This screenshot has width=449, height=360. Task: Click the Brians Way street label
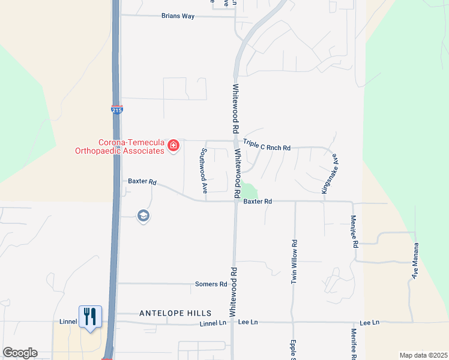click(x=178, y=16)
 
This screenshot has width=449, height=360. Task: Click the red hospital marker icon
click(x=173, y=146)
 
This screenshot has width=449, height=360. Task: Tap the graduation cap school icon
click(x=143, y=216)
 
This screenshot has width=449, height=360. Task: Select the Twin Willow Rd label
click(x=294, y=262)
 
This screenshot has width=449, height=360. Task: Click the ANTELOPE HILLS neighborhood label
click(x=175, y=313)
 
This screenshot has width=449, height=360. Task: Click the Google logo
click(x=19, y=353)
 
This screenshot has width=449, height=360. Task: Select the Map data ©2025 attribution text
click(x=423, y=355)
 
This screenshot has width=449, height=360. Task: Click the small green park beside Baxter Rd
click(x=248, y=191)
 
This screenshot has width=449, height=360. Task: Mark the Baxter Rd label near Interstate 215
click(x=142, y=181)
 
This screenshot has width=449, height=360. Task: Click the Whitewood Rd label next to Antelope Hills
click(x=233, y=292)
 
